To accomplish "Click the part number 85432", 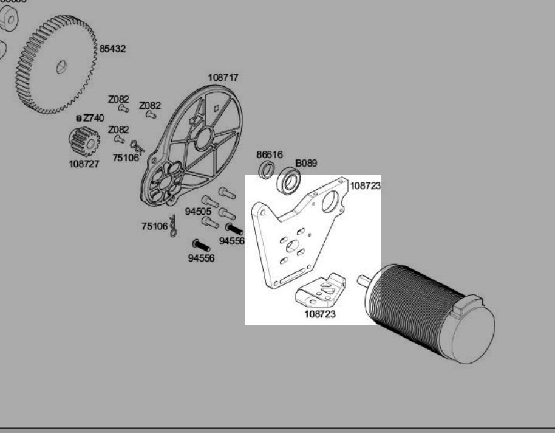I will click(113, 49).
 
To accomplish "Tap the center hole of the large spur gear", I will click(60, 67).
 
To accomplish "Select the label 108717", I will click(223, 78).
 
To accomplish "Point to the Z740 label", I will click(94, 118).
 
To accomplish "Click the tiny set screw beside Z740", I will click(79, 118).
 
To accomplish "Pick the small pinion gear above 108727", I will click(84, 142).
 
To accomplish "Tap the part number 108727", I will click(84, 164).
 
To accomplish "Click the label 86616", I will click(269, 155).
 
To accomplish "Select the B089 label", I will click(306, 164).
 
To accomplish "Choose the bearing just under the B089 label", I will click(290, 182).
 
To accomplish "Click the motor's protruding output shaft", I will click(365, 280).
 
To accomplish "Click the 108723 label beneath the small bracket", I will click(319, 314).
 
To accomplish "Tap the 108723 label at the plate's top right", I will click(365, 185).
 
